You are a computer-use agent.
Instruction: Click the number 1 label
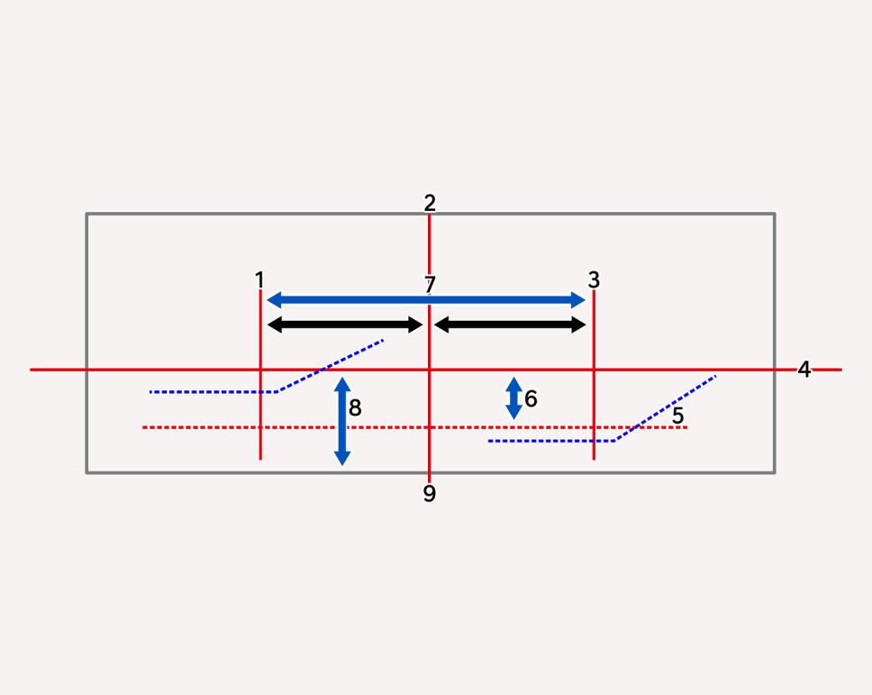[x=259, y=279]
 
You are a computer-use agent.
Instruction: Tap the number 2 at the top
[x=430, y=203]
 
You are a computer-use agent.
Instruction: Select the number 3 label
[x=594, y=279]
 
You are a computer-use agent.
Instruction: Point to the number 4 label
[x=804, y=369]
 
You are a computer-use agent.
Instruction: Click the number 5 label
[x=677, y=416]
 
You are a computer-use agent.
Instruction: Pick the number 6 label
[x=531, y=398]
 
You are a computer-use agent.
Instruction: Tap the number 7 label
[x=430, y=284]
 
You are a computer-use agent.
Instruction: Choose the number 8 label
[x=355, y=407]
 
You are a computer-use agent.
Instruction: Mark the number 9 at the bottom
[x=430, y=494]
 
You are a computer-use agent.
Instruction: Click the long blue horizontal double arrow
[x=427, y=300]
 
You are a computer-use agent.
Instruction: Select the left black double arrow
[x=345, y=325]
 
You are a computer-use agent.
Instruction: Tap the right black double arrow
[x=510, y=325]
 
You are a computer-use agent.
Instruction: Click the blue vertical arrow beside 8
[x=342, y=421]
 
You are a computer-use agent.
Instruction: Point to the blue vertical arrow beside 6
[x=513, y=398]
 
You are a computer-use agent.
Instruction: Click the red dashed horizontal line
[x=415, y=427]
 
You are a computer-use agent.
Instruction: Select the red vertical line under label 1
[x=260, y=374]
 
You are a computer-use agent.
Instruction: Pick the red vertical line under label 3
[x=594, y=374]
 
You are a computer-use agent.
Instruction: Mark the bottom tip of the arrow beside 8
[x=342, y=465]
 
